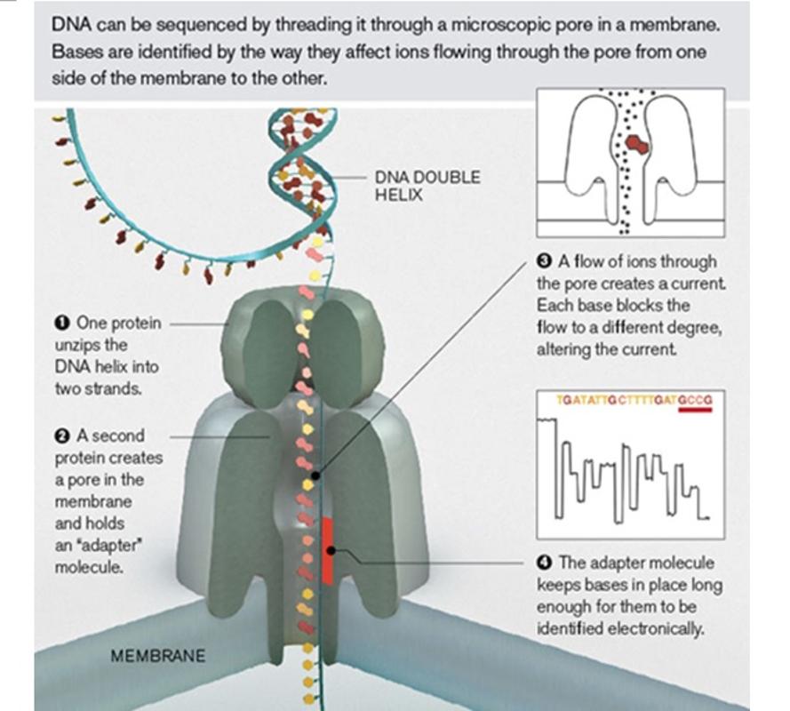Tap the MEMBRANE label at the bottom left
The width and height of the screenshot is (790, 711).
(157, 656)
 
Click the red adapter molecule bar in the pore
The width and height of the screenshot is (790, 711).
(328, 551)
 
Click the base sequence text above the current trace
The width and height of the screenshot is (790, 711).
(634, 400)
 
